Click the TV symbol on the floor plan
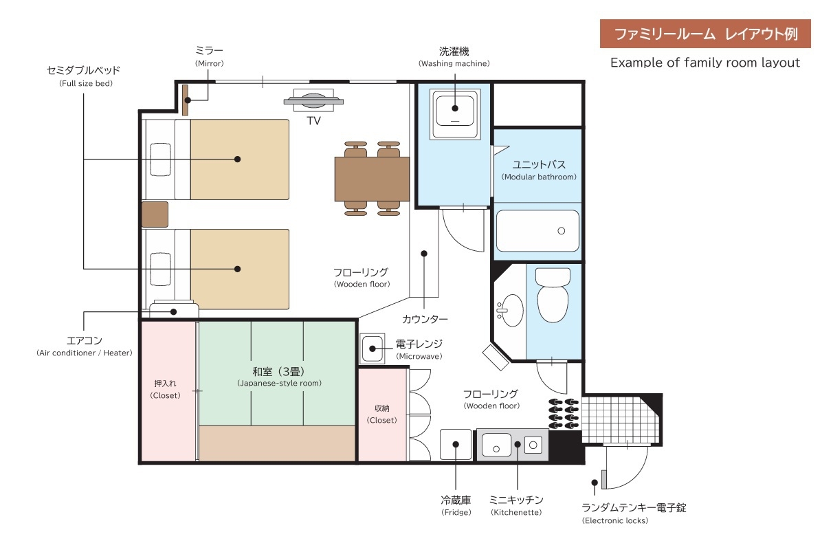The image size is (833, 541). coord(313,100)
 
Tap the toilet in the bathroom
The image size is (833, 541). coord(553,295)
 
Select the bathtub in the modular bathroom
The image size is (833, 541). coord(537,231)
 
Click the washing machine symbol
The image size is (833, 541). coord(455,114)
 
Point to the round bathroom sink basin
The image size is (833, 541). coord(511,311)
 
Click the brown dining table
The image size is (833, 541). coord(372,179)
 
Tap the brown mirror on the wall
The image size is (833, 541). coord(185,100)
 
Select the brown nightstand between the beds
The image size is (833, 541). coord(155,214)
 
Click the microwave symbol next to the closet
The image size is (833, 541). coord(372,349)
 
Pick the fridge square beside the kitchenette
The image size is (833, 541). coord(456,444)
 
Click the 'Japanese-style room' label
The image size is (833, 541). coord(279,384)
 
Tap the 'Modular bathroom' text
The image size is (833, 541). coord(539,177)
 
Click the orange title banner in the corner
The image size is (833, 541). coord(705,34)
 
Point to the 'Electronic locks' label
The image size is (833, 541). coord(615,520)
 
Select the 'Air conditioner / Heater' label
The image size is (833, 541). coord(85,353)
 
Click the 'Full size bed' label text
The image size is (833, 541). coord(86,83)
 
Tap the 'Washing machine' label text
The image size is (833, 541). coord(454,63)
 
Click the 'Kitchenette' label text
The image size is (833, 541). coord(516,512)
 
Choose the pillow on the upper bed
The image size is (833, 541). coord(160,159)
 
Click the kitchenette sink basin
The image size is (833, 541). coord(496,445)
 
